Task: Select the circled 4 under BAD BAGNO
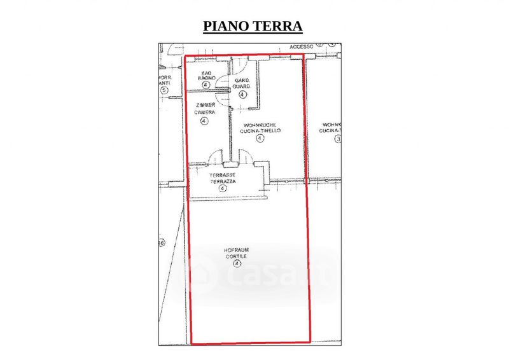tap(206, 84)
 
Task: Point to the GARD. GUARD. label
tap(242, 83)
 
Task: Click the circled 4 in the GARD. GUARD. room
tap(242, 94)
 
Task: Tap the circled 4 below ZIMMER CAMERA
tap(204, 120)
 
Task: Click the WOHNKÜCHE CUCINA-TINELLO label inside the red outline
tap(260, 128)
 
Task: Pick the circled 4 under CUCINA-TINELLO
tap(260, 138)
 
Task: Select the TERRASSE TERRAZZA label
tap(223, 178)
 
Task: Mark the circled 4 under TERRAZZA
tap(223, 188)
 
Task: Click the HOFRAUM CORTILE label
tap(237, 252)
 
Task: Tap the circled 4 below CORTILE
tap(237, 263)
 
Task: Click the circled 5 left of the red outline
tap(164, 90)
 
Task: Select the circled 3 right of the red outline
tap(338, 139)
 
